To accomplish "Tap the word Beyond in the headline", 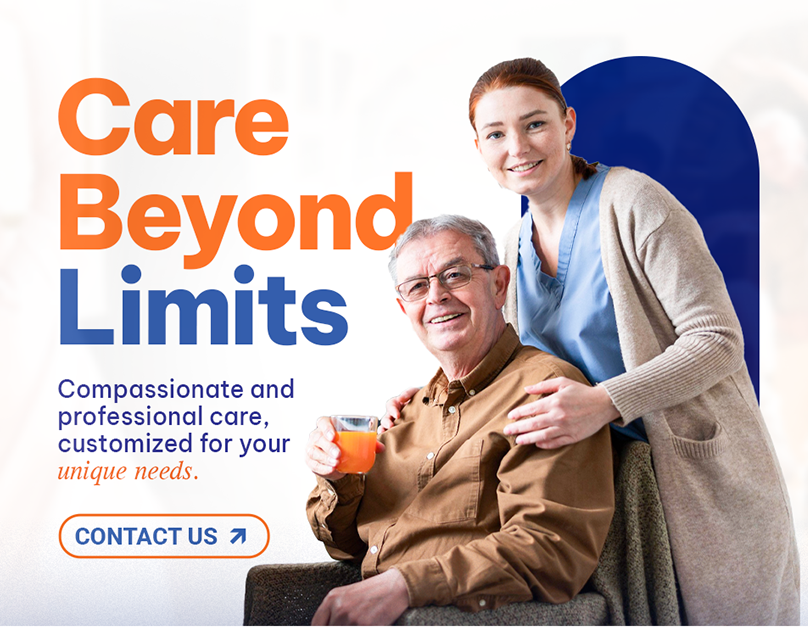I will click(235, 212).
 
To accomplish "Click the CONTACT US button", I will click(164, 536).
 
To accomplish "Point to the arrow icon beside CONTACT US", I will click(237, 536).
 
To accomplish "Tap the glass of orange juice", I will click(355, 445).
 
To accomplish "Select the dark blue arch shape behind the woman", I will click(700, 150).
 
